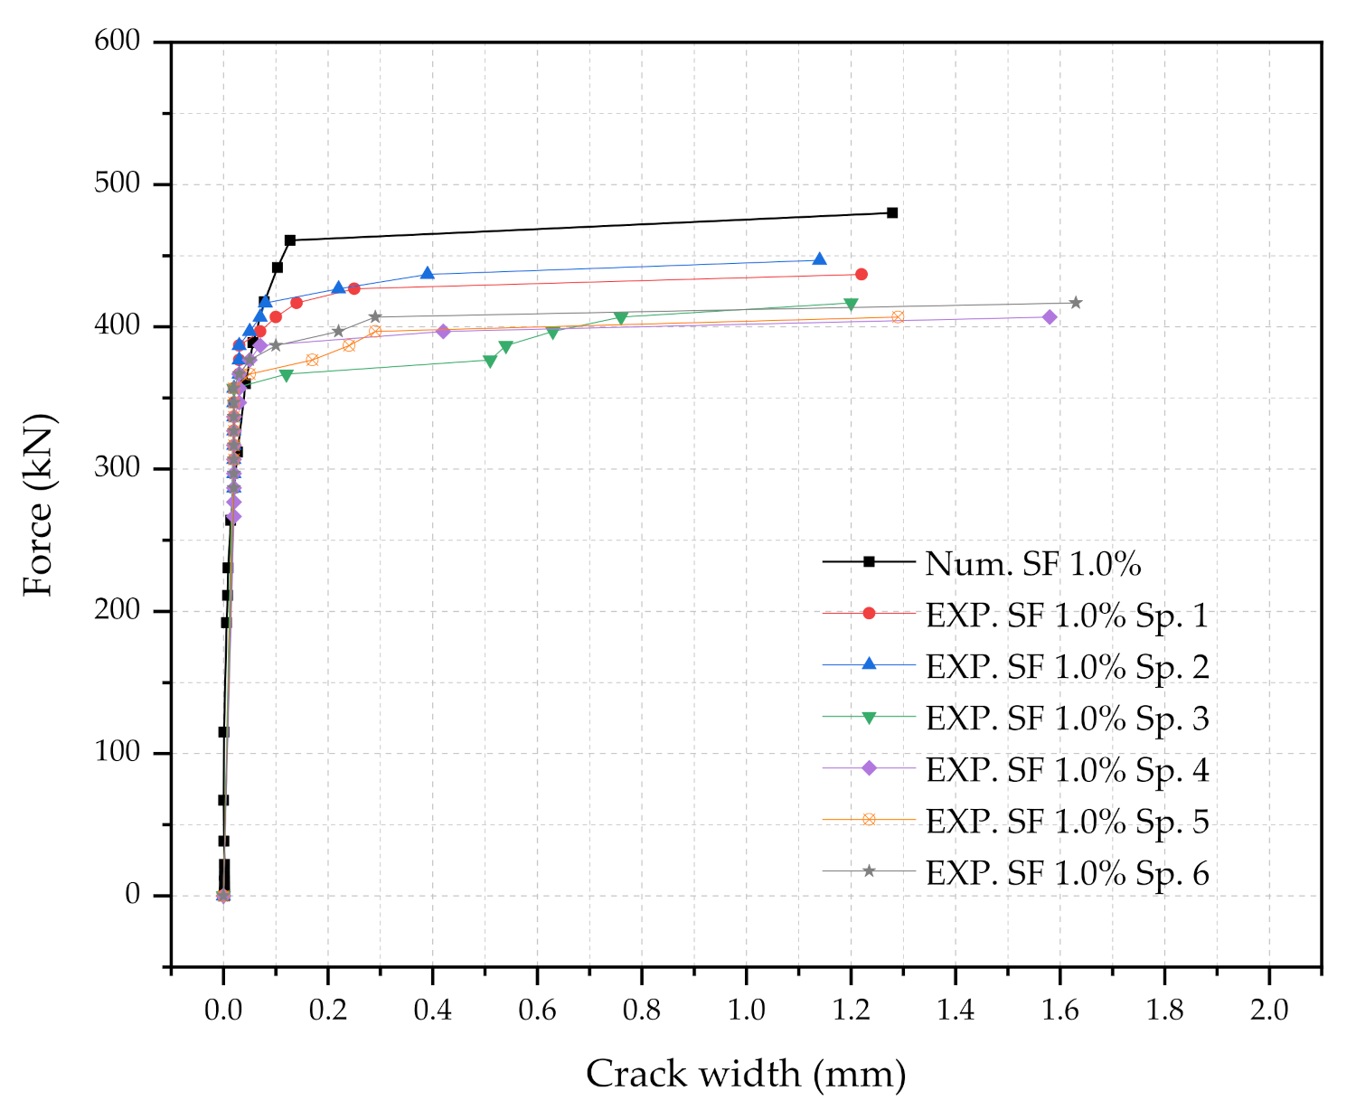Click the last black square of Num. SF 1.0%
pos(892,212)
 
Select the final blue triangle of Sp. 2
pos(820,259)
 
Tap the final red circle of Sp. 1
pos(862,274)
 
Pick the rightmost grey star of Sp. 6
pos(1076,303)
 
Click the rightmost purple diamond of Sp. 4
pos(1050,317)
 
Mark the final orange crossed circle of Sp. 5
pos(898,317)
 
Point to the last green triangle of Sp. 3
pos(851,305)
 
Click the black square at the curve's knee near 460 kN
pos(290,240)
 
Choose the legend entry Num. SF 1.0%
pos(1032,564)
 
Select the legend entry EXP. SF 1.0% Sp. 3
pos(1067,719)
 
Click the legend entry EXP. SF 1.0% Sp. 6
pos(1067,873)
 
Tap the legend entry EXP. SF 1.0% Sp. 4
pos(1067,770)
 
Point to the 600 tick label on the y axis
pos(118,41)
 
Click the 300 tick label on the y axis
pos(118,467)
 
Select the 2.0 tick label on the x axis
pos(1269,1010)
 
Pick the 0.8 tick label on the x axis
pos(642,1010)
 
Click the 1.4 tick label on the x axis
pos(956,1010)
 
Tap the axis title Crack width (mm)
pos(746,1075)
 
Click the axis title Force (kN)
pos(38,504)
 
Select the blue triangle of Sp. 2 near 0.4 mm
pos(428,273)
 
